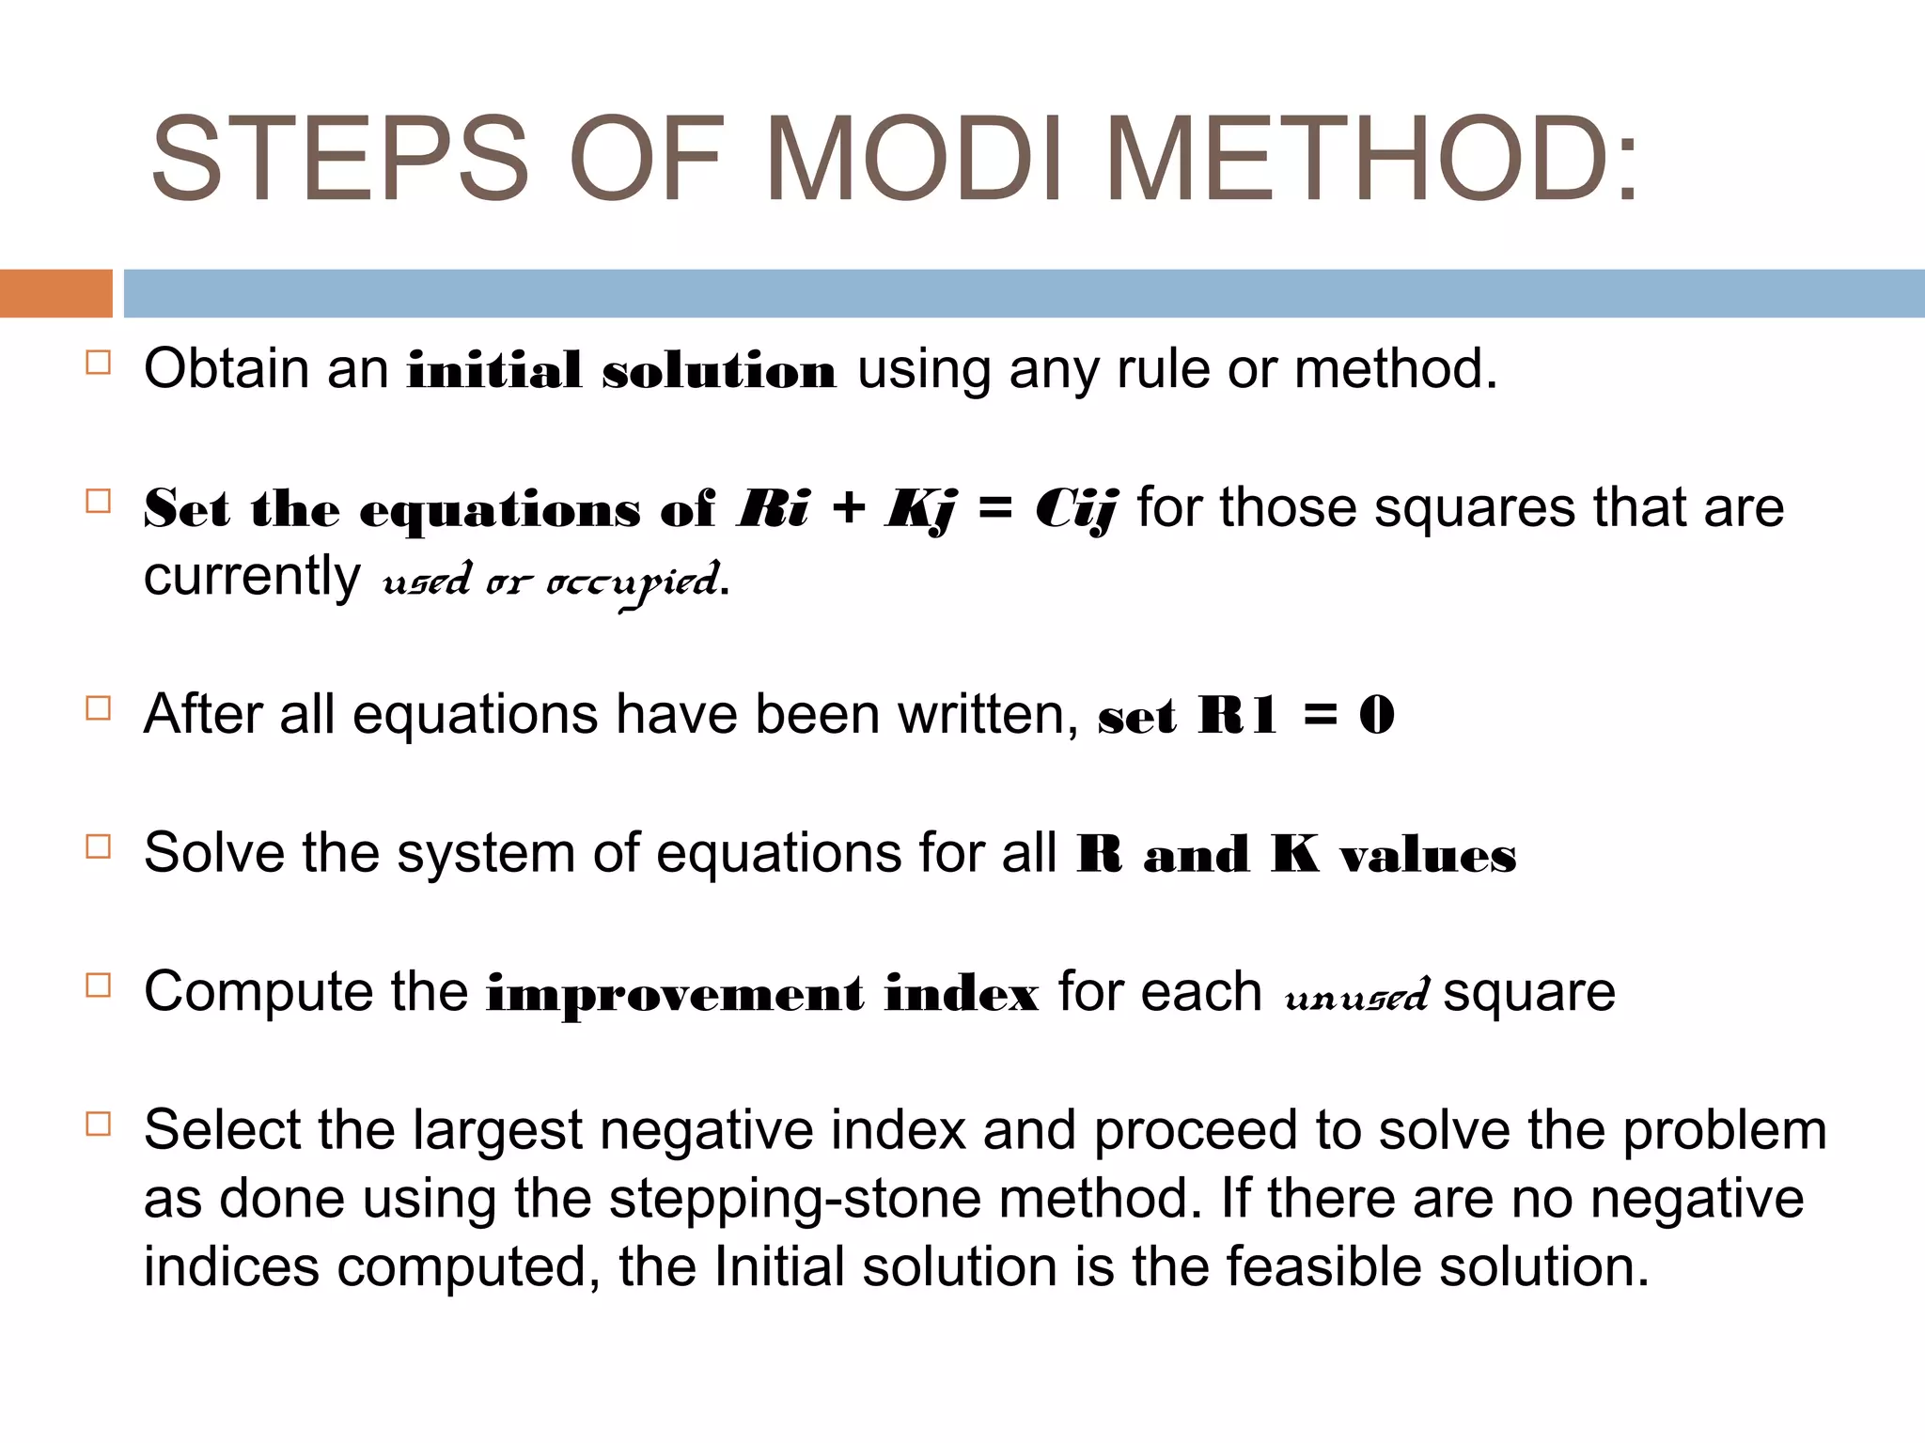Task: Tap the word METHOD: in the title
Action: click(x=1372, y=159)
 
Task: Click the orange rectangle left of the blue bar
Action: click(x=55, y=293)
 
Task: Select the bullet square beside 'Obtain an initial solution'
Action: click(x=98, y=363)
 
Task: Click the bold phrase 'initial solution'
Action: click(x=620, y=370)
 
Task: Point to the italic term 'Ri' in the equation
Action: click(x=774, y=509)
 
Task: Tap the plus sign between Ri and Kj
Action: click(x=848, y=509)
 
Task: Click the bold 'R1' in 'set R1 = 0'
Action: click(x=1237, y=716)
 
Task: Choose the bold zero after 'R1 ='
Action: click(x=1377, y=716)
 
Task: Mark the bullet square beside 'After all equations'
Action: click(x=98, y=707)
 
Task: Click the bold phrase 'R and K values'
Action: click(x=1296, y=855)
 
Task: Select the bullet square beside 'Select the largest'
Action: click(x=98, y=1124)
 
